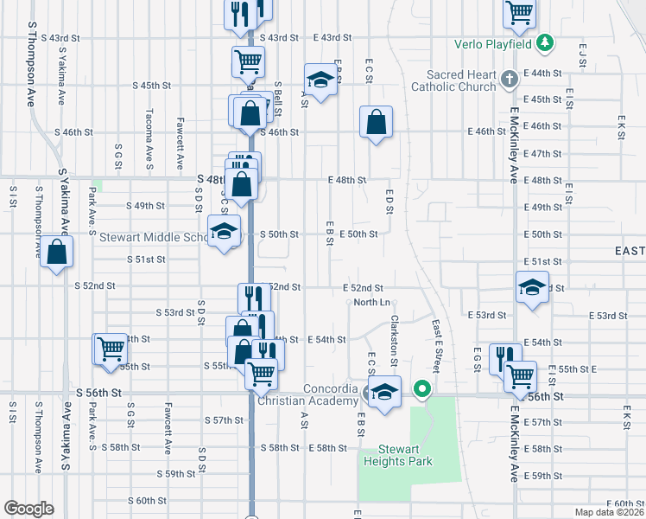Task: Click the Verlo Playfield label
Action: pyautogui.click(x=493, y=43)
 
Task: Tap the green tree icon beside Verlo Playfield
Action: pyautogui.click(x=544, y=42)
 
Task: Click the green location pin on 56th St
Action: pyautogui.click(x=421, y=389)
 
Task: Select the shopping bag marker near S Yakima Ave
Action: pyautogui.click(x=57, y=253)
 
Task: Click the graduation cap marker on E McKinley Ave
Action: pyautogui.click(x=532, y=287)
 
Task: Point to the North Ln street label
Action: pyautogui.click(x=372, y=302)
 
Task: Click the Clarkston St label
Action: pyautogui.click(x=394, y=333)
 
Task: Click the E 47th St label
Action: pyautogui.click(x=542, y=153)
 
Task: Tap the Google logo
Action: pyautogui.click(x=28, y=509)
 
